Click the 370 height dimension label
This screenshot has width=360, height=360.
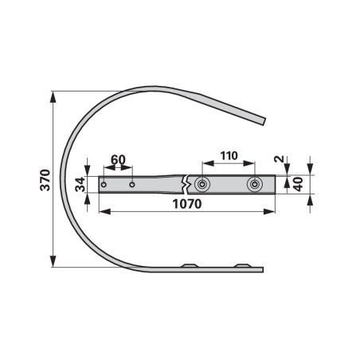pos(45,180)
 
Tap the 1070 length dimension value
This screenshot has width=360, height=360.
pos(187,204)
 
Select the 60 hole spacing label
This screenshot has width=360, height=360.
pos(118,160)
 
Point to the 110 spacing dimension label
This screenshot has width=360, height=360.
pos(229,156)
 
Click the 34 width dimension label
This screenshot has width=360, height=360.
pos(80,185)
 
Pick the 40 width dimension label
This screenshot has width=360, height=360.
pos(298,184)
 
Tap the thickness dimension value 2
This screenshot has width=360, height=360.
pos(279,159)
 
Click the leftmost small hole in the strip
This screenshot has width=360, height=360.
pos(104,185)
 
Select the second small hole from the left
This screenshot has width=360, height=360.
pos(132,185)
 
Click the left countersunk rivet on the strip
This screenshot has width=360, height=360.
pos(202,184)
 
